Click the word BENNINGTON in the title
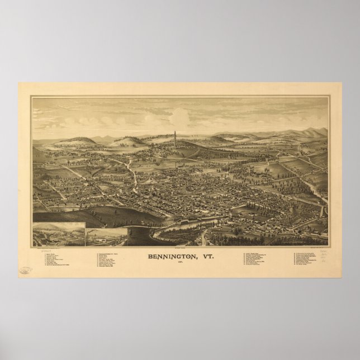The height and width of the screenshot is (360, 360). (x=168, y=242)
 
